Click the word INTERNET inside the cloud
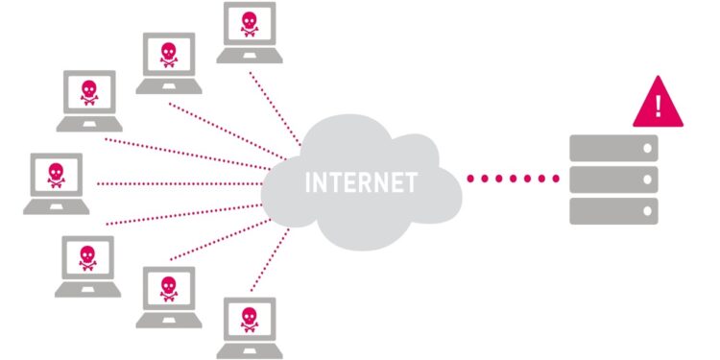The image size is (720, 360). [360, 181]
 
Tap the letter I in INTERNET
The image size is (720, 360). [307, 181]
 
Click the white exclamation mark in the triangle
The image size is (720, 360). [658, 104]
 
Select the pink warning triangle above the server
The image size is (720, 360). [658, 108]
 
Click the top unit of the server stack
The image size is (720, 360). [613, 148]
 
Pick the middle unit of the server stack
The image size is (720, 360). [613, 180]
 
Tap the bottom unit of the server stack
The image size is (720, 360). [613, 210]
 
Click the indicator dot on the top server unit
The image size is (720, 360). [647, 148]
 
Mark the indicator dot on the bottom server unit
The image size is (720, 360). [647, 210]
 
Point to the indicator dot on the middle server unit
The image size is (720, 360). [647, 180]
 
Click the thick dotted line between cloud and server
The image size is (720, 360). [513, 179]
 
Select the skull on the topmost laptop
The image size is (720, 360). [249, 22]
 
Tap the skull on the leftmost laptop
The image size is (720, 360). [55, 174]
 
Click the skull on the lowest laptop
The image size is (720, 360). [249, 317]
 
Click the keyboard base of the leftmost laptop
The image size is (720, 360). [56, 204]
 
